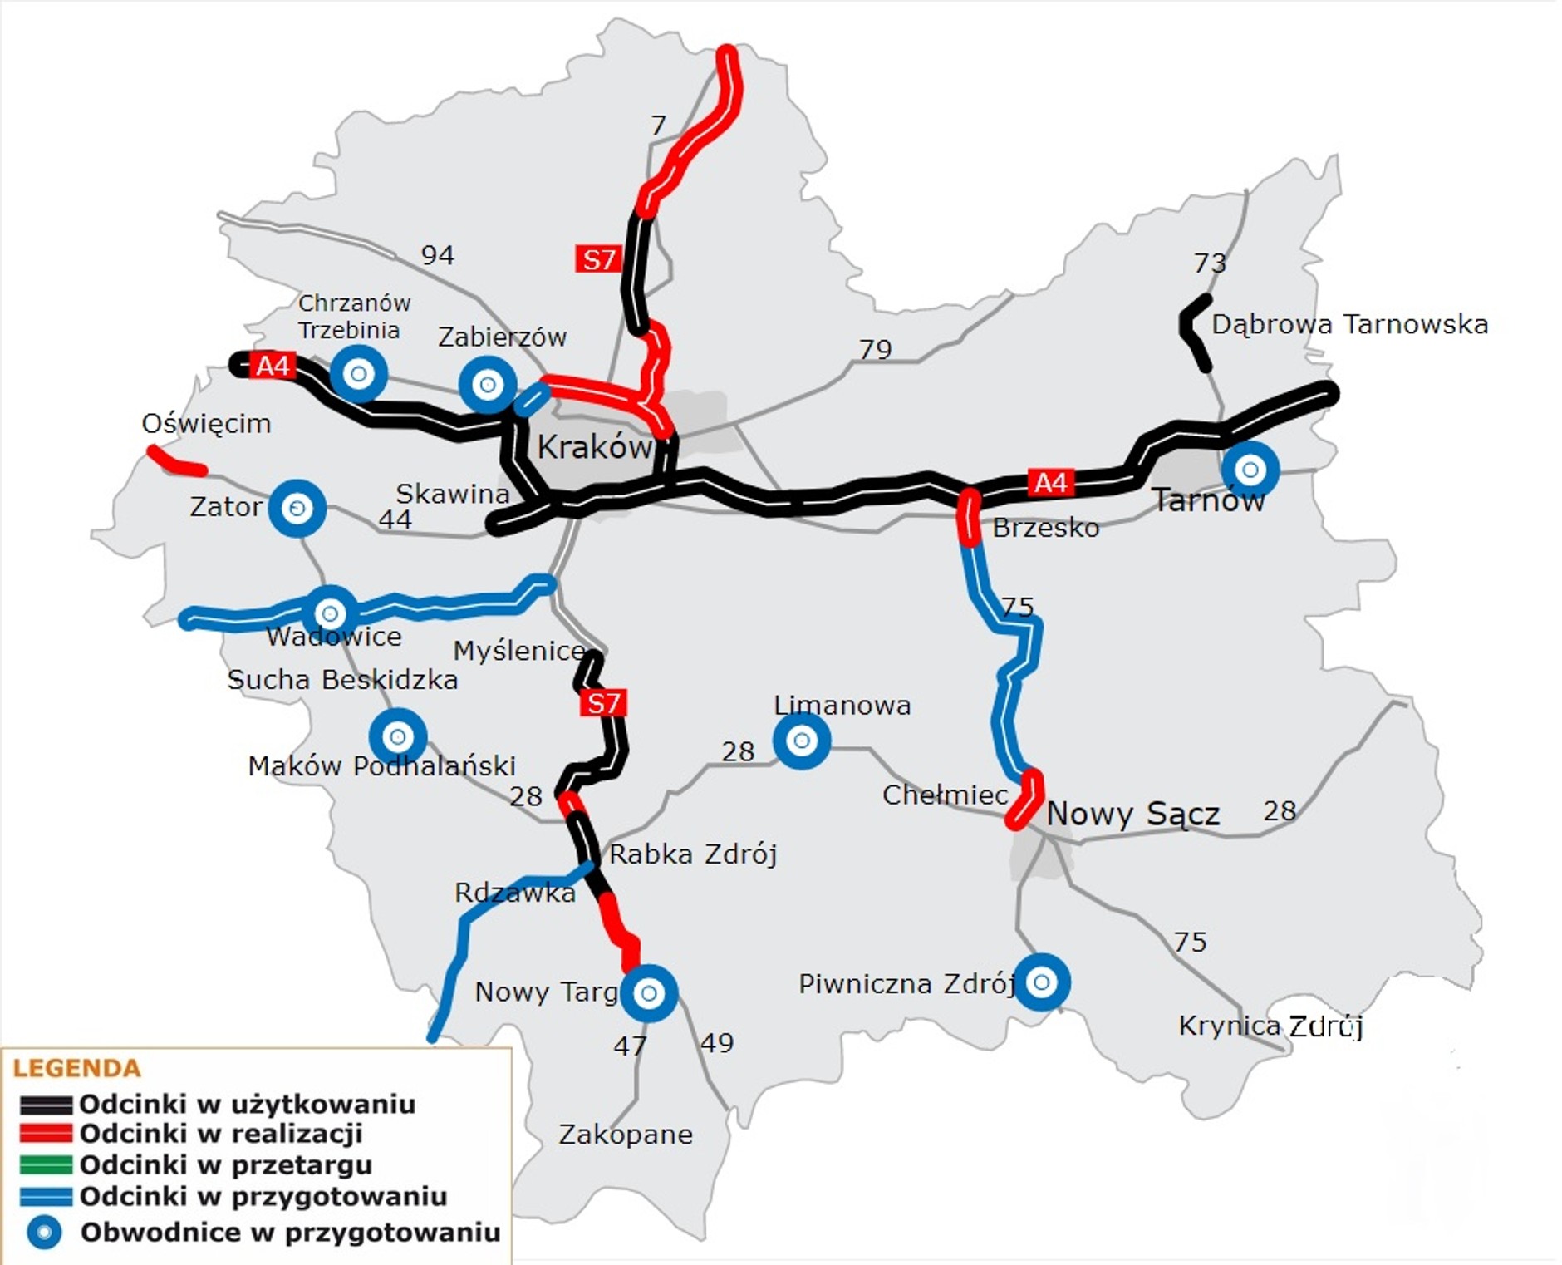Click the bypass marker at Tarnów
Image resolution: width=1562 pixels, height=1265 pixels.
1250,470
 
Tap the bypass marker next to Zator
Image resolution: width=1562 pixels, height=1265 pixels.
297,507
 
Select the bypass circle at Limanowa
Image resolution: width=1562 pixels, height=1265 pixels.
801,740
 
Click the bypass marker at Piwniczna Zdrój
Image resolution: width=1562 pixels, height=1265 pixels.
1041,982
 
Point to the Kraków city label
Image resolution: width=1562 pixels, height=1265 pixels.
593,447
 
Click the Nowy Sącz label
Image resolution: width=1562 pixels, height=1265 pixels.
1132,813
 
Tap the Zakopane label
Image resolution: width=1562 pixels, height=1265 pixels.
625,1134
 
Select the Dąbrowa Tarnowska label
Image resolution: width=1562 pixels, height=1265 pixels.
1349,324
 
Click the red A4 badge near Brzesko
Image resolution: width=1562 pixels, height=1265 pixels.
1050,482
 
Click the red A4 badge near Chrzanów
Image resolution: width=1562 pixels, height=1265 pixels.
273,365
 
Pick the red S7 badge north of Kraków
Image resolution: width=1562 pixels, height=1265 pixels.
597,259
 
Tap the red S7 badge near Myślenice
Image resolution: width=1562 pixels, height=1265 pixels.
603,703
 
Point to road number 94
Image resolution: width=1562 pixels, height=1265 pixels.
437,255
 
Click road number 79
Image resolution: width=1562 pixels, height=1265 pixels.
875,349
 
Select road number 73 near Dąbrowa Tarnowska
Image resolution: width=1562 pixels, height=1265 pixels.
1209,263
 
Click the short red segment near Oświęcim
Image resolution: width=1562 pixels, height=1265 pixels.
176,462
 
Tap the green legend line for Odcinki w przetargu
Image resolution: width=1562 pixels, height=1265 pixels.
46,1164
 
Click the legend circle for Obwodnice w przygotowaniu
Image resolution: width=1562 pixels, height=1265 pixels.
44,1232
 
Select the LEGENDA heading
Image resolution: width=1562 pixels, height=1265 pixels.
76,1068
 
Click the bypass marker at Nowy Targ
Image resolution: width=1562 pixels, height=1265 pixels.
649,992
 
